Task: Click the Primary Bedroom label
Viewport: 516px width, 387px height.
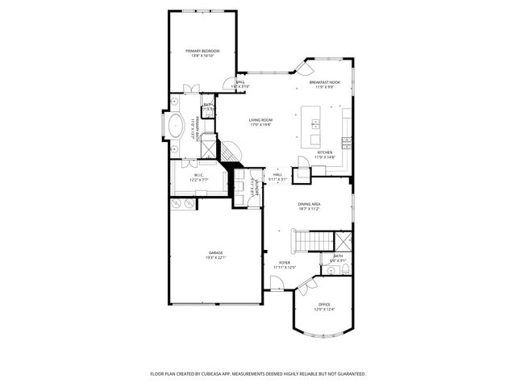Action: coord(202,51)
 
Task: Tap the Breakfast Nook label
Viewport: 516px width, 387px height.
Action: coord(324,82)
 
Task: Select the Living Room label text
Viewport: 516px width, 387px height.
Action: coord(260,120)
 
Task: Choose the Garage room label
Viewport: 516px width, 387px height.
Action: coord(216,252)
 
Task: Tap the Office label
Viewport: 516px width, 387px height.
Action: coord(324,304)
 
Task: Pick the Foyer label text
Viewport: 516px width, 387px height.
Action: coord(285,262)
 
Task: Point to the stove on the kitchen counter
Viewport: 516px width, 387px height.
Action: coord(347,143)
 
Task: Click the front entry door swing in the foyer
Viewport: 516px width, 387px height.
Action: coord(276,282)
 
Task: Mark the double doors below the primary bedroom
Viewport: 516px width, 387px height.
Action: coord(190,87)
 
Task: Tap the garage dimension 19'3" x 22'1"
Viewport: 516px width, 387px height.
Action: coord(216,258)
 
